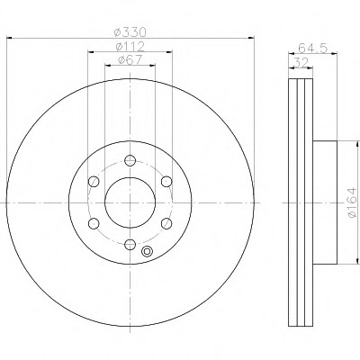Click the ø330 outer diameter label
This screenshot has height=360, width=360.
(130, 32)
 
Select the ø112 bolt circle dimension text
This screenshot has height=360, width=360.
(130, 47)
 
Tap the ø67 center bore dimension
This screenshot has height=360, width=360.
(130, 60)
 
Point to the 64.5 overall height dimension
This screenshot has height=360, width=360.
(312, 48)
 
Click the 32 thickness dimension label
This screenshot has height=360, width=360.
(301, 63)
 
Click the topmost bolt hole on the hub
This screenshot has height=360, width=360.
(130, 160)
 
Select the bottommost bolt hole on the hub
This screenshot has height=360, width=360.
(130, 244)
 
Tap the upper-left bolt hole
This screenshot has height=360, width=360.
(94, 182)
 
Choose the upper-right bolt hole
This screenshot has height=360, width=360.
(166, 182)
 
